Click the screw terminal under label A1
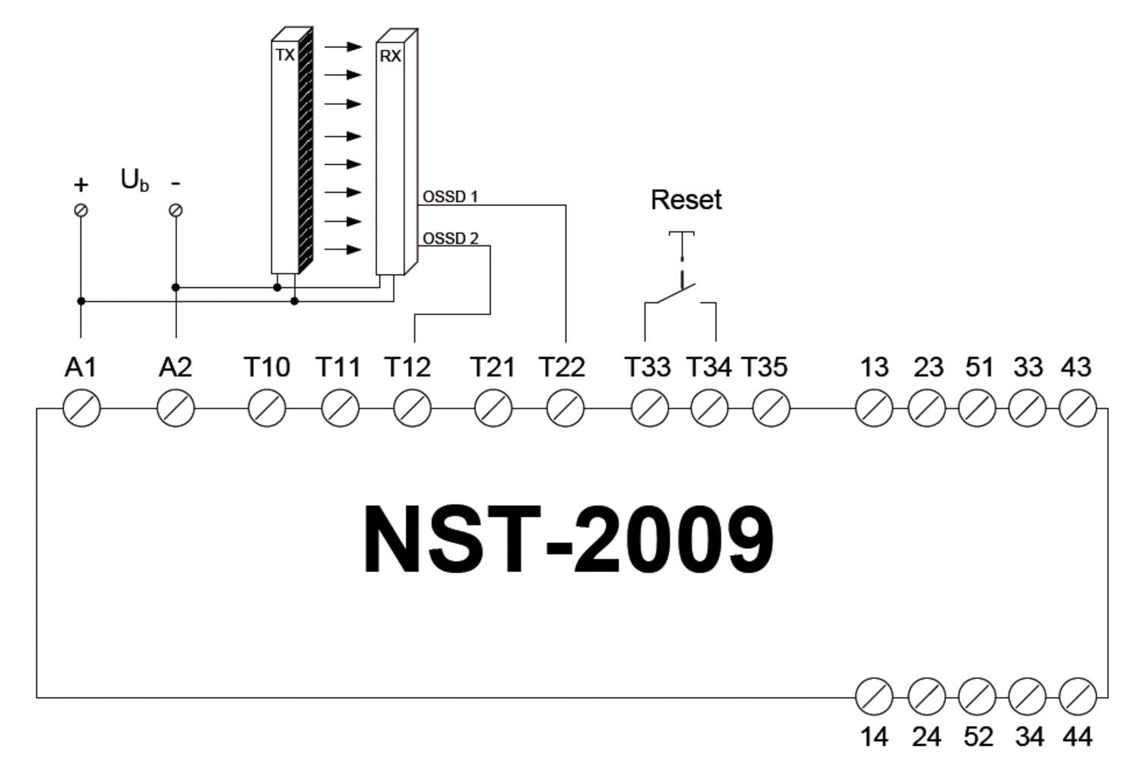(x=81, y=409)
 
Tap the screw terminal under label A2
(x=176, y=409)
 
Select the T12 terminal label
(x=408, y=368)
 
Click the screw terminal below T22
(x=565, y=409)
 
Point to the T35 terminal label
(x=764, y=368)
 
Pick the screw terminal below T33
(x=650, y=409)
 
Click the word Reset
(x=686, y=200)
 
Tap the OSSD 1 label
(x=450, y=197)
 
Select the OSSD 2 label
(x=450, y=238)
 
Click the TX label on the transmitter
(x=284, y=55)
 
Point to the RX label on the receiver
(x=390, y=56)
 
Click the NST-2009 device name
(x=568, y=539)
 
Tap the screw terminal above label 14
(x=874, y=696)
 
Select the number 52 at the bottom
(x=977, y=737)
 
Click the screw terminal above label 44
(x=1077, y=696)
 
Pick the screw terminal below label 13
(x=874, y=409)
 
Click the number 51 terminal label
(x=979, y=368)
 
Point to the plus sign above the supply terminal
(x=81, y=185)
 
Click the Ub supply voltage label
(x=135, y=181)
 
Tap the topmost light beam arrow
(x=343, y=46)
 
